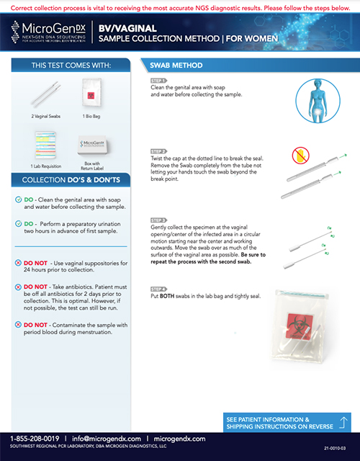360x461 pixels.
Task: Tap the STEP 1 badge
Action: (x=158, y=81)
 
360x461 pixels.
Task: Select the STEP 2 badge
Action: (x=158, y=151)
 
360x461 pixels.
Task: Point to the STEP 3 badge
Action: (x=158, y=218)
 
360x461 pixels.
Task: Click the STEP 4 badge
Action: (x=158, y=288)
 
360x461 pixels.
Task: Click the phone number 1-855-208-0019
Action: (x=35, y=439)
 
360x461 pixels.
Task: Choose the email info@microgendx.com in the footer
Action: (x=105, y=439)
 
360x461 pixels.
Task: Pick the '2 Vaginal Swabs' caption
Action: (x=45, y=115)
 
